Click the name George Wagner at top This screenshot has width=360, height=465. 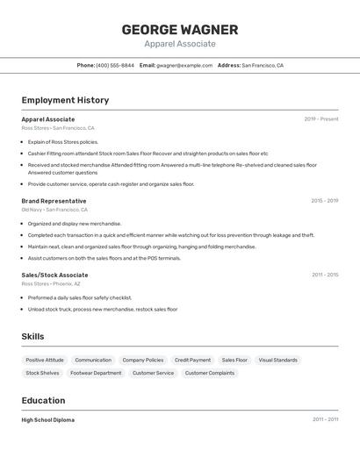tap(180, 30)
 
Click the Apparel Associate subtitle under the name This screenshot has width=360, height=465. tap(180, 44)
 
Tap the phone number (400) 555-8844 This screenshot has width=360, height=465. tap(115, 65)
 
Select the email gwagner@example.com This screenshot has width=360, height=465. tap(184, 65)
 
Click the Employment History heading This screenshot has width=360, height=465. tap(65, 100)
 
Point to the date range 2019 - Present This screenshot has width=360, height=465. tap(321, 119)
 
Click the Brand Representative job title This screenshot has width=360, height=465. tap(54, 201)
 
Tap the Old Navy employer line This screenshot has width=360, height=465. tap(54, 210)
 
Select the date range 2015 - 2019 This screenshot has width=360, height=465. tap(324, 201)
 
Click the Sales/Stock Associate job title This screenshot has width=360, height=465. tap(54, 275)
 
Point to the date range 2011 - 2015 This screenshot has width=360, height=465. tap(325, 275)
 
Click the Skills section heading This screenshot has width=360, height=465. tap(32, 336)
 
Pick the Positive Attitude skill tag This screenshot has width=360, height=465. tap(45, 360)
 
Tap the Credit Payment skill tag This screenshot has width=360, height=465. tap(192, 360)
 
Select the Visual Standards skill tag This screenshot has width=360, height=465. tap(277, 360)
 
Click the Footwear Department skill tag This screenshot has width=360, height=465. tap(96, 373)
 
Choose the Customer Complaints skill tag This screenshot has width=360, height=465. tap(209, 373)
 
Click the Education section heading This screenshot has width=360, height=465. tap(44, 400)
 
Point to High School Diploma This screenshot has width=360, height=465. tap(48, 420)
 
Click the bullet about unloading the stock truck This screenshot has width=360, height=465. tap(103, 309)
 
